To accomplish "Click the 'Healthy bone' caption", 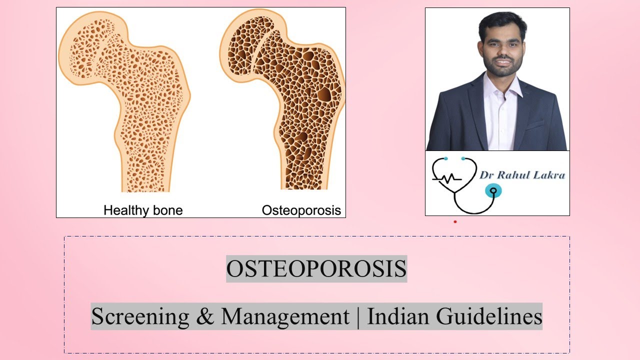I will (143, 210).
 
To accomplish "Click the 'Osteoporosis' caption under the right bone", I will (301, 210).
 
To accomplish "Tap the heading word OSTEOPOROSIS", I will (316, 269).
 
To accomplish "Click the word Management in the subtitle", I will (285, 316).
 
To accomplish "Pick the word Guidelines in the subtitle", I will (489, 316).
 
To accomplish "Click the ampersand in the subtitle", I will (205, 316).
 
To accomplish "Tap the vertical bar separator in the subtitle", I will (358, 316).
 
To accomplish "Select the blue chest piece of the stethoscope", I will (493, 190).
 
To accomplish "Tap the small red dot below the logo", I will (455, 221).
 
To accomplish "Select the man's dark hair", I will (501, 22).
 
